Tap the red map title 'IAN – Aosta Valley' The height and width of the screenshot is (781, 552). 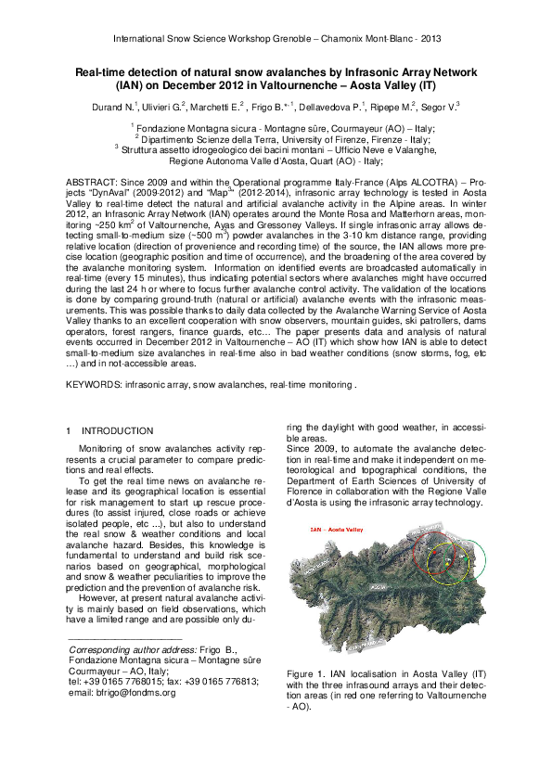337,530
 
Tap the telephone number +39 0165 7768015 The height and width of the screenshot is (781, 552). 126,682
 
